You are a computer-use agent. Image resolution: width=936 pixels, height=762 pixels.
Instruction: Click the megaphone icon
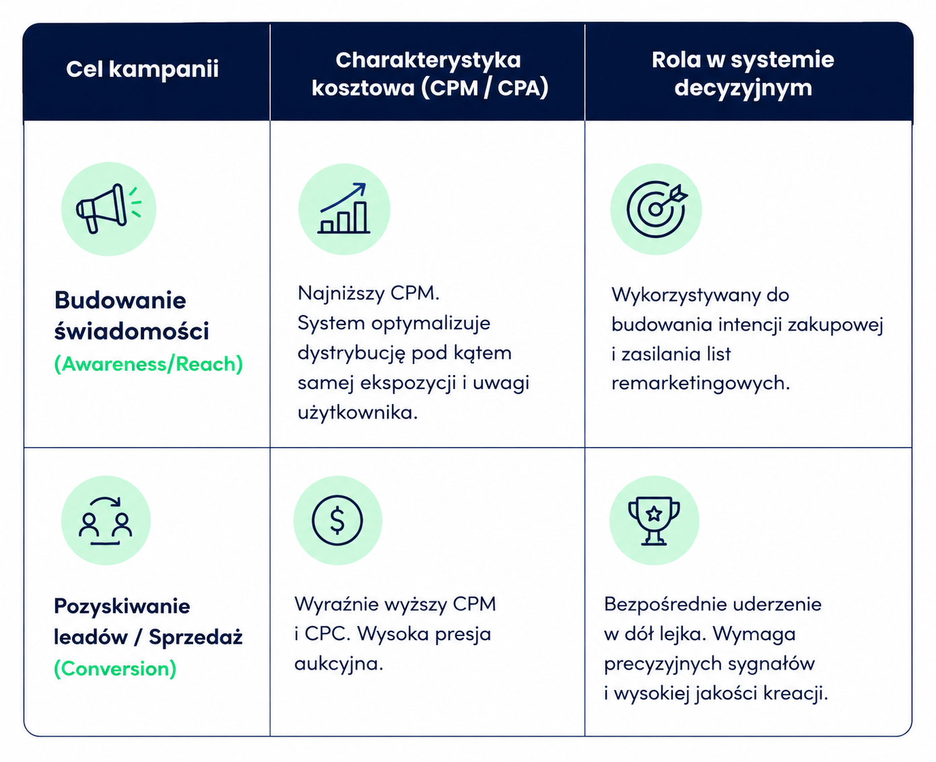coord(108,209)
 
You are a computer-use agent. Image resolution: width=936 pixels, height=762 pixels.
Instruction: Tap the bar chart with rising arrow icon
coord(344,208)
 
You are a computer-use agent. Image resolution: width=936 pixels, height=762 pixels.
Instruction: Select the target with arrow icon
coord(657,209)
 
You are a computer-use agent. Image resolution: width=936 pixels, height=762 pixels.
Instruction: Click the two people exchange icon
coord(106,521)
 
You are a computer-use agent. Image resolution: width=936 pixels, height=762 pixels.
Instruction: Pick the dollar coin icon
coord(337,520)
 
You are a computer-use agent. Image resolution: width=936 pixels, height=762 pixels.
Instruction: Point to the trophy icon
coord(654,521)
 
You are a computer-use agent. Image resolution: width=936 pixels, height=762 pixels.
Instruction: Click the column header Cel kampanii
coord(142,69)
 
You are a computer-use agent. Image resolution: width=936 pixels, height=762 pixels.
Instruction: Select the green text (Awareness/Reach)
coord(149,364)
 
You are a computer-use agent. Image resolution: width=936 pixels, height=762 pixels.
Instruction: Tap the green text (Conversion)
coord(115,669)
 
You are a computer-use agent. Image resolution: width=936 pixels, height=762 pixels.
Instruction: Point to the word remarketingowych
coord(700,384)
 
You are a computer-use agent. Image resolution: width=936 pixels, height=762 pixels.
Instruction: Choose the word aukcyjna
coord(338,664)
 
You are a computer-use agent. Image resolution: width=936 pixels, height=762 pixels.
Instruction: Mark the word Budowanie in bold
coord(121,300)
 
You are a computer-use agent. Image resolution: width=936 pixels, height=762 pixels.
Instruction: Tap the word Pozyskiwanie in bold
coord(122,607)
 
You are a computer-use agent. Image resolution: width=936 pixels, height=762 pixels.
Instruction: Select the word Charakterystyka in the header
coord(428,60)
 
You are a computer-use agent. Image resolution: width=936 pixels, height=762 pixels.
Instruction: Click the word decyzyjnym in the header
coord(743,88)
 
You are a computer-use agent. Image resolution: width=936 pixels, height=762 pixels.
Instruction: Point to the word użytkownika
coord(358,413)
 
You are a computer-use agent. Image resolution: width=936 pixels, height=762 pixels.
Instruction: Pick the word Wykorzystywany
coord(686,296)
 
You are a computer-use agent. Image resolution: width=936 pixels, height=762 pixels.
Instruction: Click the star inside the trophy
coord(654,513)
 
